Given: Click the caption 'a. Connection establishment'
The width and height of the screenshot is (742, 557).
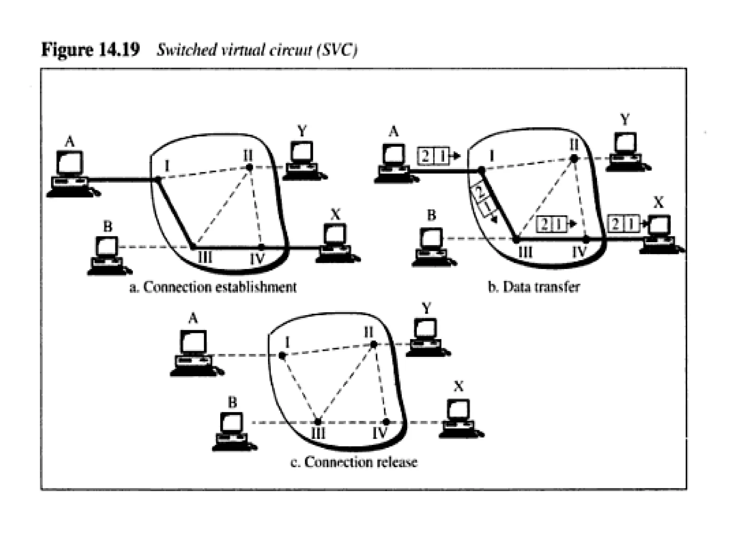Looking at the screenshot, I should (213, 287).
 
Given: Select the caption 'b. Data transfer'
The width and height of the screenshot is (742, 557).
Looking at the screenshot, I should (534, 287).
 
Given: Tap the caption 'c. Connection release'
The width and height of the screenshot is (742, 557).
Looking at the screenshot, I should (354, 462).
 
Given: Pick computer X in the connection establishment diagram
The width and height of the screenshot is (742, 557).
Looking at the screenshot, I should (336, 243).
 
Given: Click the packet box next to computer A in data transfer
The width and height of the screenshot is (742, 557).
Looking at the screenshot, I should (434, 156).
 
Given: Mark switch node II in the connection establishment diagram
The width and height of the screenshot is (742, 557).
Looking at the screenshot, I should (249, 167).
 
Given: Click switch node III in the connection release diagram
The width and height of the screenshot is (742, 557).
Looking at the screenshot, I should (318, 422).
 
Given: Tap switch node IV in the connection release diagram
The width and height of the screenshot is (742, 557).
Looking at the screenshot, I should (386, 422).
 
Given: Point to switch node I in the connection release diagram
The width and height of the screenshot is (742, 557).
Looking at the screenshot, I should (282, 356).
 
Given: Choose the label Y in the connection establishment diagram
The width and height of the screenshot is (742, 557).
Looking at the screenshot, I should (302, 131).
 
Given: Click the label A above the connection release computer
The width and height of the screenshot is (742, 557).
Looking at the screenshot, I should (193, 319).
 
